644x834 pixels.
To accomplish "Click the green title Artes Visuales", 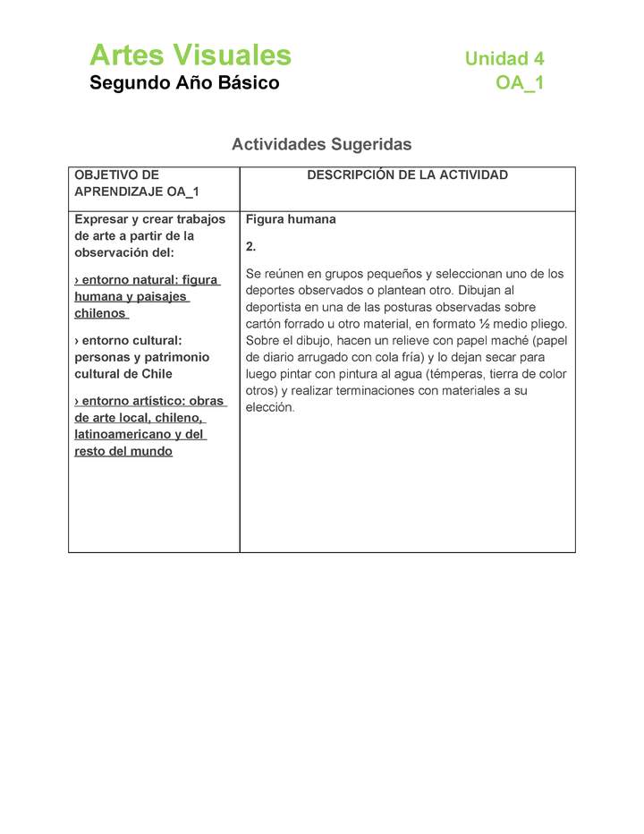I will (190, 55).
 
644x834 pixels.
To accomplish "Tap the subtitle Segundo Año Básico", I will (184, 83).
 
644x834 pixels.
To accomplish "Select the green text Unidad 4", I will (504, 59).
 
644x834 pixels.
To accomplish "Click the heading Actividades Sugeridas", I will (321, 144).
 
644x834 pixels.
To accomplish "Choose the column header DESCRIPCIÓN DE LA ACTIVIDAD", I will (407, 175).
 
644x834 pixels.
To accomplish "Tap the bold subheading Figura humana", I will (291, 219).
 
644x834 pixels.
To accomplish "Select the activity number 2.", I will (250, 246).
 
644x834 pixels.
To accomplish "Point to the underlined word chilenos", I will (100, 314).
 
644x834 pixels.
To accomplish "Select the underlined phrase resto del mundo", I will (123, 451).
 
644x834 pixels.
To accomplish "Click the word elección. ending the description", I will (269, 407).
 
